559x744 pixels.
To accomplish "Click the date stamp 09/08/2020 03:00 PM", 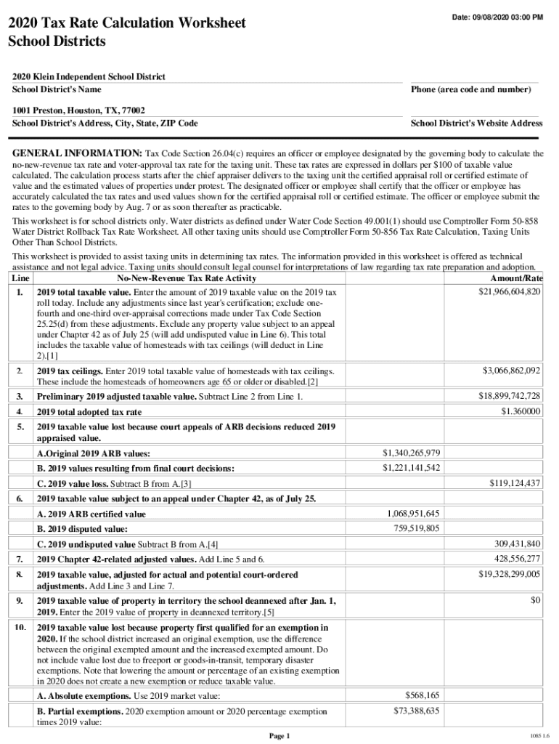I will click(497, 17).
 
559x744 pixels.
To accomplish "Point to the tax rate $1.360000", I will click(521, 411).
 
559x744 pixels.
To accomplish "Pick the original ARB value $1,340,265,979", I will click(411, 453).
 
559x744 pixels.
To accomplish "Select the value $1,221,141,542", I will click(411, 467).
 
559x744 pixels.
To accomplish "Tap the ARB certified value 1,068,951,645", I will click(414, 514).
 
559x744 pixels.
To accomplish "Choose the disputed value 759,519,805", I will click(417, 528).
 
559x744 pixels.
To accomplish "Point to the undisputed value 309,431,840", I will click(518, 543).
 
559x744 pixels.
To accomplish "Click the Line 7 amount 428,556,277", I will click(518, 558).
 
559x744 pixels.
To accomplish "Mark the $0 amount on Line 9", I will click(535, 601).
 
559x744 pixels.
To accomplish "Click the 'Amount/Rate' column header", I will click(517, 279).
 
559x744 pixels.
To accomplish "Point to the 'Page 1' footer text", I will click(279, 736).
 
